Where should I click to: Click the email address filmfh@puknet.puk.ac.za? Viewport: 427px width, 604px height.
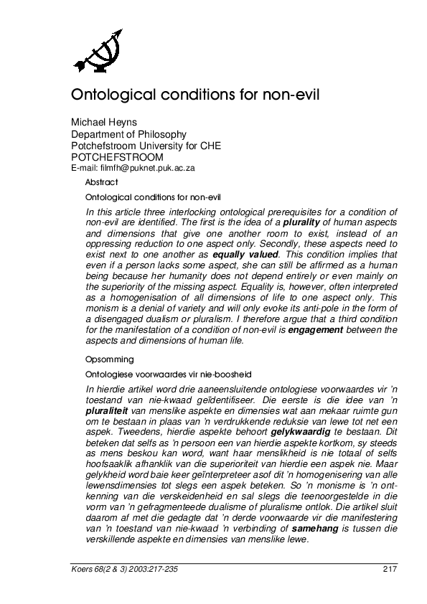click(x=133, y=168)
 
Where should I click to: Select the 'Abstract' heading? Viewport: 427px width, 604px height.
click(x=102, y=182)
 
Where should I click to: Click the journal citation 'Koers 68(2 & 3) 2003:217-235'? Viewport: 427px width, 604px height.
click(x=121, y=569)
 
